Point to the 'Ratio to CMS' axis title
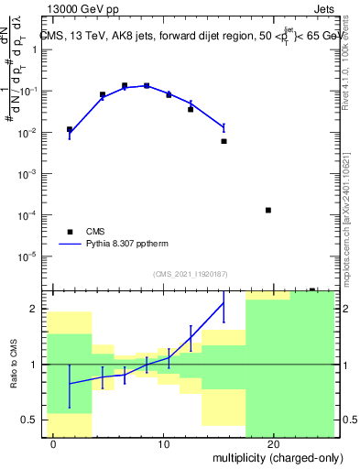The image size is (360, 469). [x=12, y=365]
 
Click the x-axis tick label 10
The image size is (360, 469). [x=163, y=444]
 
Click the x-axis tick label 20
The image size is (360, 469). [x=273, y=444]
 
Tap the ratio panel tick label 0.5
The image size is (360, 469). [x=33, y=420]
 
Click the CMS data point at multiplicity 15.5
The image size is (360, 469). [x=224, y=141]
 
